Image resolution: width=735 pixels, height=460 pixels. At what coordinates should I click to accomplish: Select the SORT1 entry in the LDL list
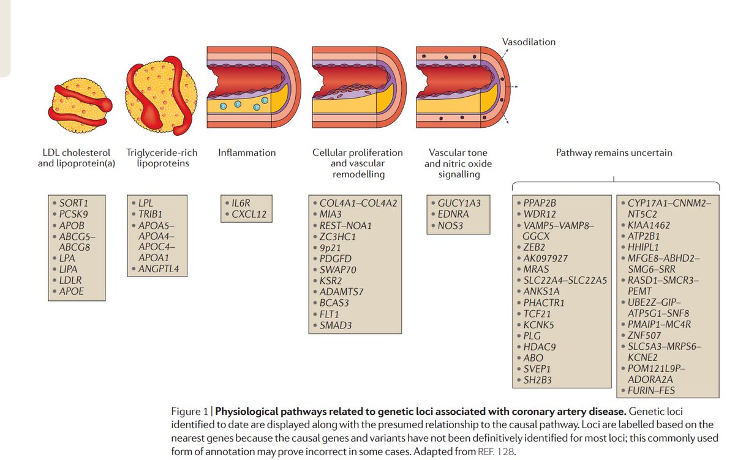[x=74, y=202]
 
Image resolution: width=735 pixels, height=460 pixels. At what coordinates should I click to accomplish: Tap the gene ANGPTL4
[x=158, y=269]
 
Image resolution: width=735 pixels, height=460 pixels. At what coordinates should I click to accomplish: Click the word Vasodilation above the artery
[x=529, y=42]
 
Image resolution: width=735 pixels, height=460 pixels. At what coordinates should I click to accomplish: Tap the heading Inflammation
[x=247, y=152]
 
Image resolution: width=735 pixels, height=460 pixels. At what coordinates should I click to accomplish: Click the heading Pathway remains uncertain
[x=614, y=152]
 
